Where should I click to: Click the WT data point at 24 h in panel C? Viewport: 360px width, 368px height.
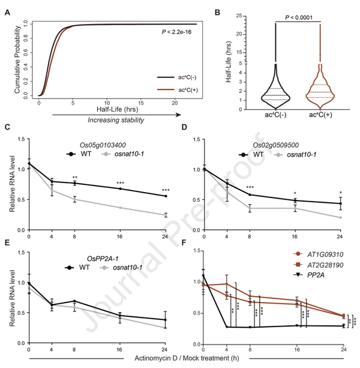[164, 196]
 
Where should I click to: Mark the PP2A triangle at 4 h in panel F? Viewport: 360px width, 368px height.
[227, 327]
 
